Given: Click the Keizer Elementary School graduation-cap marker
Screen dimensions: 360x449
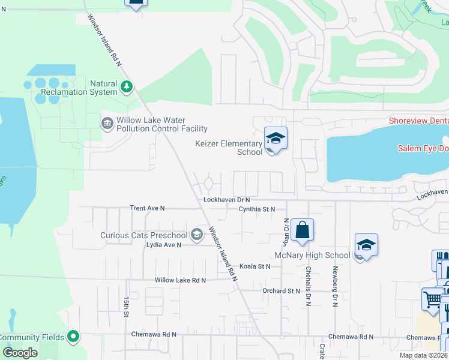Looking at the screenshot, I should tap(276, 139).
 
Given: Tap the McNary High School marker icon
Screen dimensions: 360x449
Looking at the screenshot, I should tap(366, 245).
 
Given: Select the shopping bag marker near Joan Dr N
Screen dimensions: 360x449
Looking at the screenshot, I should tap(303, 230).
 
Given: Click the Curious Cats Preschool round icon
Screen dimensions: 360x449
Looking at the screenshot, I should tap(196, 235).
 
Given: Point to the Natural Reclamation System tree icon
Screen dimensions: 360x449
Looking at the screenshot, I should tap(126, 88).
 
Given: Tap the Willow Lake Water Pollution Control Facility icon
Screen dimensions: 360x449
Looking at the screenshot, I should tap(107, 124).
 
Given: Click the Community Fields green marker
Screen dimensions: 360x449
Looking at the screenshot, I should tap(73, 337).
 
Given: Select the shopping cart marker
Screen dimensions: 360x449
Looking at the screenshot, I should tap(432, 299).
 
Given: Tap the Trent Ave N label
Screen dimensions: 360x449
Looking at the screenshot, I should tap(147, 208).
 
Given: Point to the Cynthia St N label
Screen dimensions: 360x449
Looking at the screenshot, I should tap(256, 209).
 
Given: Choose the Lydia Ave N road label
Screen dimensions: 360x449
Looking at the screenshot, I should tap(164, 245).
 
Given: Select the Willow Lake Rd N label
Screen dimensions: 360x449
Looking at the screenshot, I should tap(180, 280).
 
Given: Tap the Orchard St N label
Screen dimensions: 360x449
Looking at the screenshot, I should tap(281, 291).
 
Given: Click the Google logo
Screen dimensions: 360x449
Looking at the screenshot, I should tap(20, 353).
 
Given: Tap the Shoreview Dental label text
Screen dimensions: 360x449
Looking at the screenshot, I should tap(418, 121).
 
